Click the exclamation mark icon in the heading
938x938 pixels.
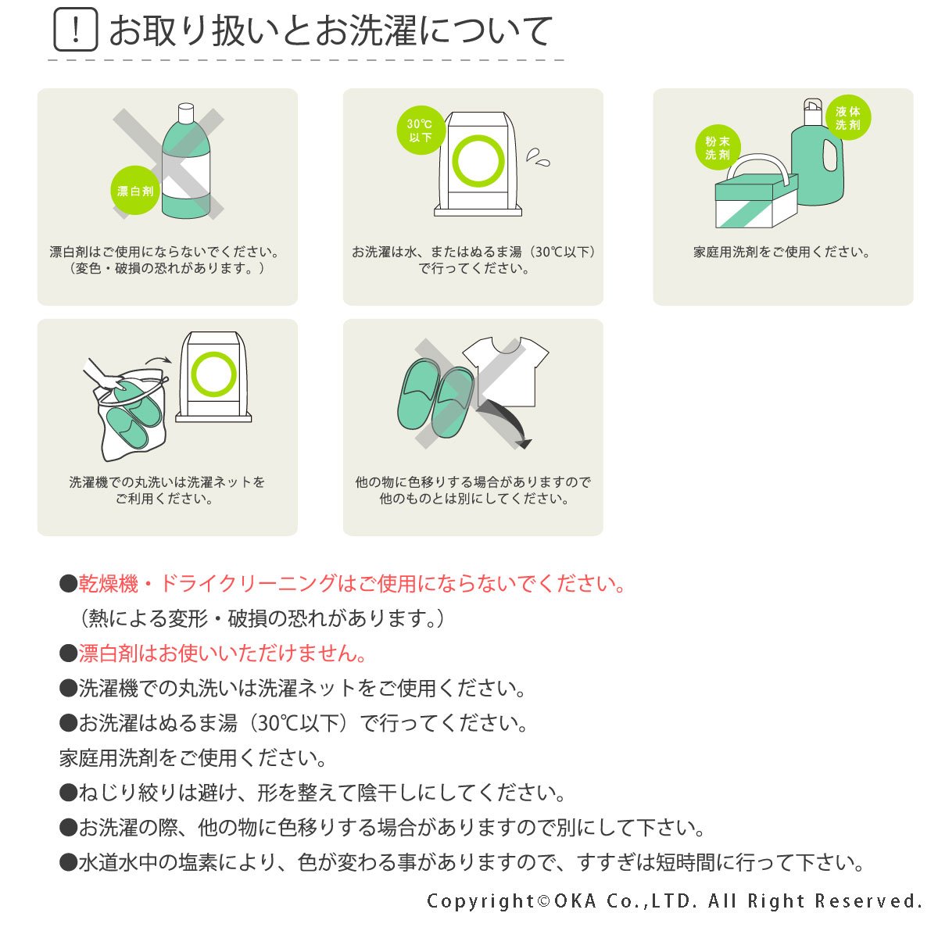pos(76,30)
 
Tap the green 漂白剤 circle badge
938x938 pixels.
pos(135,190)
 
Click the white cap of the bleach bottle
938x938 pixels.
pos(186,113)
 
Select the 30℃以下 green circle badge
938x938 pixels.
pos(421,131)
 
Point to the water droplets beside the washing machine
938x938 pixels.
pos(538,158)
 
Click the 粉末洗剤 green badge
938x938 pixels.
pos(718,148)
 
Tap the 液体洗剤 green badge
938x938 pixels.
pos(848,118)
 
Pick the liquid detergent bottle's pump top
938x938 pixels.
pos(812,112)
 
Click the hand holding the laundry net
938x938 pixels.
pos(103,376)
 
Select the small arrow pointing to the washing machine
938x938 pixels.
pos(158,360)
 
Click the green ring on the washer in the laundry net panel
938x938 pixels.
pos(213,374)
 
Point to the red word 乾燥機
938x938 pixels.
pos(109,584)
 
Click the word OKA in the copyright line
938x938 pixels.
pos(575,901)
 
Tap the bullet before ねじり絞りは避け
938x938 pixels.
pos(68,793)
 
